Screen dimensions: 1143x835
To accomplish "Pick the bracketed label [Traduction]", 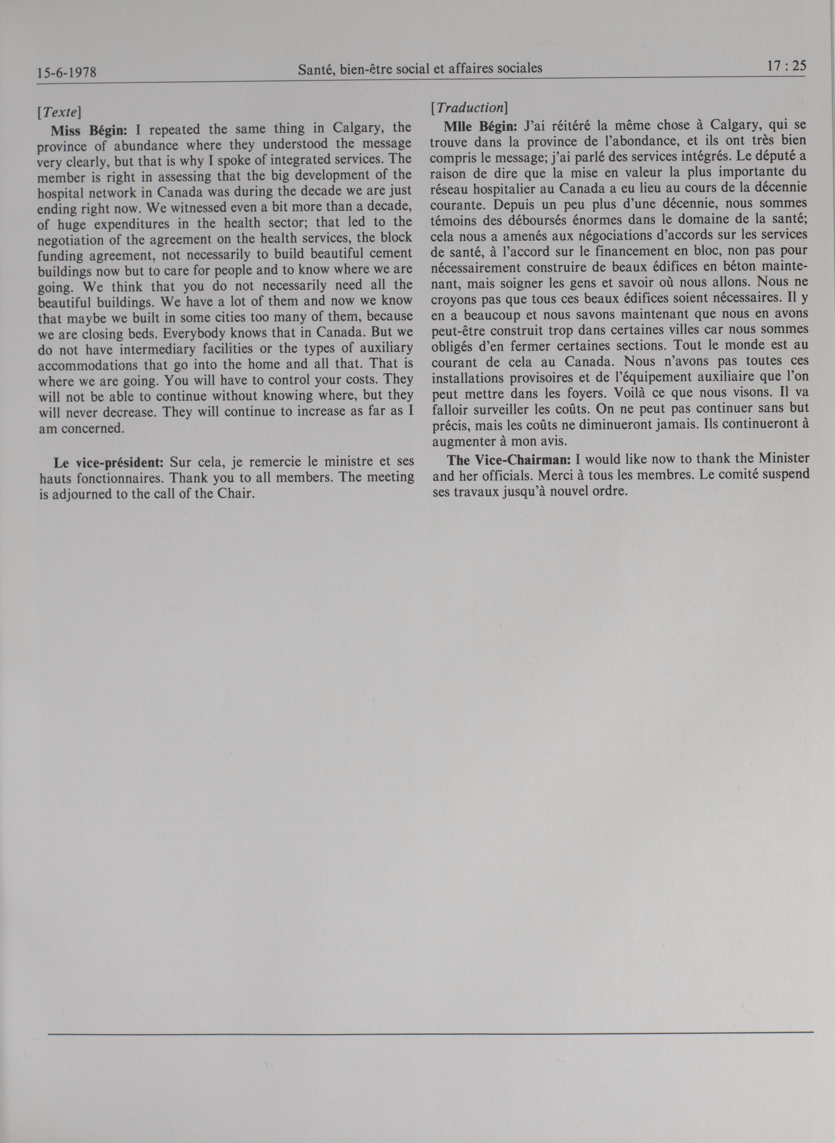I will coord(469,108).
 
